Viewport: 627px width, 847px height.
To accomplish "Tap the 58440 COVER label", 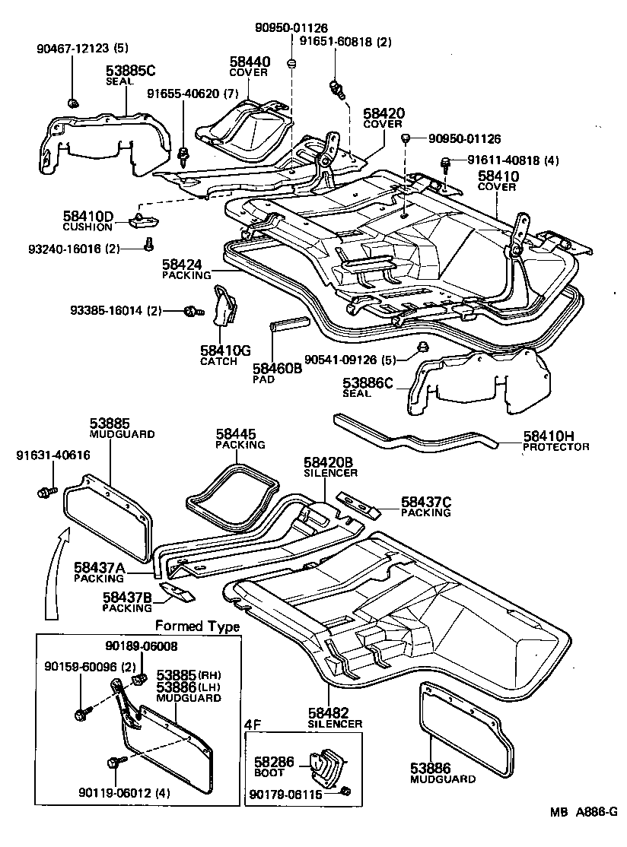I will pos(248,66).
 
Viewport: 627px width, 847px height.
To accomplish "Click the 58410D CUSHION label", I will pos(88,221).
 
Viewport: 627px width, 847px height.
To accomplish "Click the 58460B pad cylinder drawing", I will pos(288,325).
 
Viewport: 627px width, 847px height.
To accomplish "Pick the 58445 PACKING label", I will pos(240,439).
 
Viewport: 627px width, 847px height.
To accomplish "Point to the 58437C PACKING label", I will pos(426,506).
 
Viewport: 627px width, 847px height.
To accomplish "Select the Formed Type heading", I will pos(197,627).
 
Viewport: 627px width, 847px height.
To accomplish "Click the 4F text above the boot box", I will pos(253,725).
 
